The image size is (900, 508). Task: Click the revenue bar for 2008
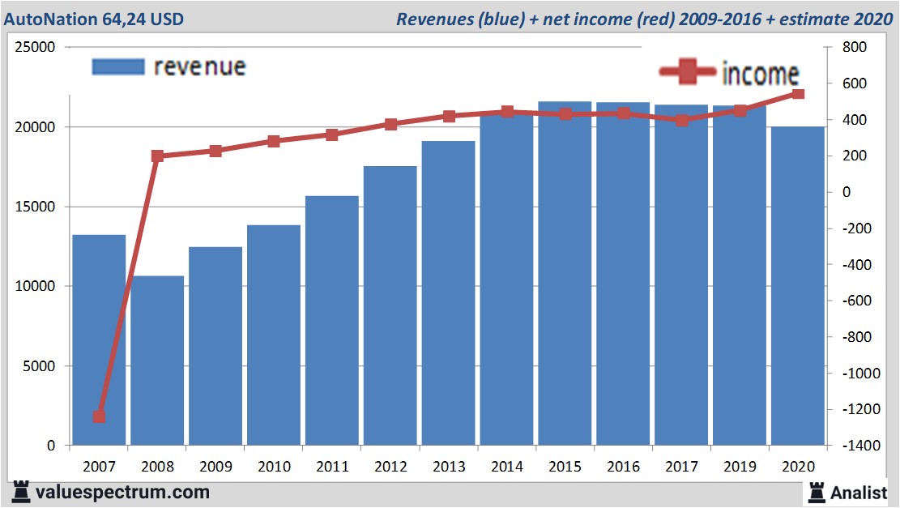click(157, 361)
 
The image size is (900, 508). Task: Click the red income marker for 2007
click(99, 416)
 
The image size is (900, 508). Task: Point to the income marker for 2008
click(157, 156)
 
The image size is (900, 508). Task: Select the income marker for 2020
click(797, 94)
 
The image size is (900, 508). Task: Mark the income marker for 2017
click(682, 120)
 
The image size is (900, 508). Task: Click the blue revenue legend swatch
click(118, 66)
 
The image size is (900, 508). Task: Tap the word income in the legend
click(760, 75)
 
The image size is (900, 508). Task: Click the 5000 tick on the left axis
click(39, 366)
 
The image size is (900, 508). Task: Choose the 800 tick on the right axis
click(854, 48)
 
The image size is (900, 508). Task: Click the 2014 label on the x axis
click(506, 467)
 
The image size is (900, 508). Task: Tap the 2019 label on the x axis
click(739, 467)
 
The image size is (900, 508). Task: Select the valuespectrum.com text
click(122, 492)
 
